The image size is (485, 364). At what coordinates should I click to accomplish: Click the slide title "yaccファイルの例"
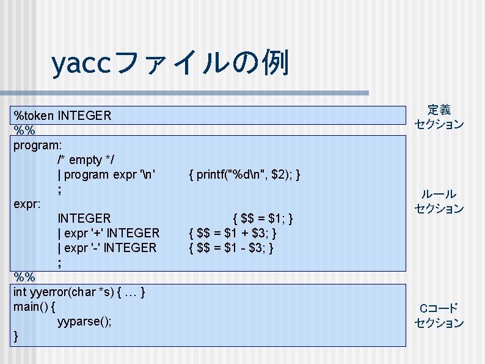[x=170, y=62]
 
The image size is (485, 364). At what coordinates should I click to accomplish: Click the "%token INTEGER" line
[x=62, y=115]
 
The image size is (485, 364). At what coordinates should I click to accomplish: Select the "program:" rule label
[x=42, y=145]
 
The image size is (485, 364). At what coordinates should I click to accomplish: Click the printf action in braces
[x=244, y=175]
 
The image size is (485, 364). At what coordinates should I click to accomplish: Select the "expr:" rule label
[x=27, y=204]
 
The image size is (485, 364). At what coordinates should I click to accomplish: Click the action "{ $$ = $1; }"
[x=263, y=218]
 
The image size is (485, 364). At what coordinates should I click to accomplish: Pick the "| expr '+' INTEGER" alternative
[x=108, y=233]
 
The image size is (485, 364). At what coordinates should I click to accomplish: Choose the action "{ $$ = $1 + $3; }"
[x=233, y=233]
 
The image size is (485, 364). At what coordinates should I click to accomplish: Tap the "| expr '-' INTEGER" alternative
[x=107, y=248]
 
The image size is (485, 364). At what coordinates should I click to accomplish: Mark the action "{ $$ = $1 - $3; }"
[x=232, y=248]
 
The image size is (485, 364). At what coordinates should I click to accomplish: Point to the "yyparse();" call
[x=84, y=321]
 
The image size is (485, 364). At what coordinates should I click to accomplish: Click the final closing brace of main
[x=16, y=336]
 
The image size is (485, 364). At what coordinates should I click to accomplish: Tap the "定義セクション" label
[x=439, y=117]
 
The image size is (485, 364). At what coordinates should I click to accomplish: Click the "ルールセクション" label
[x=439, y=201]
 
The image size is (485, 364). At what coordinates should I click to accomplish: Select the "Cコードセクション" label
[x=439, y=316]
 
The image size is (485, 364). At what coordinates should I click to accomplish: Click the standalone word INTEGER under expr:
[x=84, y=218]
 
